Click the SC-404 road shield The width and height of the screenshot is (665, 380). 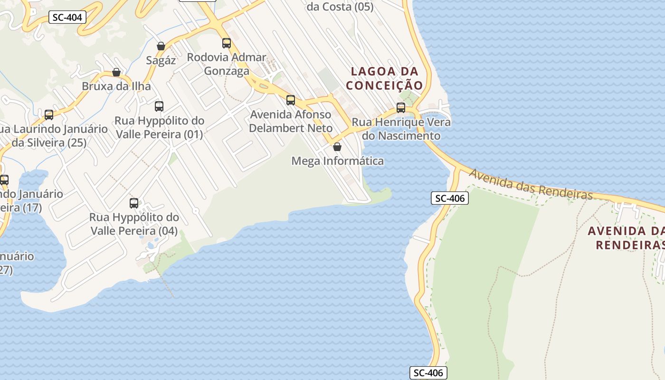(x=67, y=18)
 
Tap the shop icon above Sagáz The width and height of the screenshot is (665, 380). (x=161, y=46)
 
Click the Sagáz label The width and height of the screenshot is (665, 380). (x=161, y=60)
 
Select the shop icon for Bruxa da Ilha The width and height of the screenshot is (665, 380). (x=116, y=72)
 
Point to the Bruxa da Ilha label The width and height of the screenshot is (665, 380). (x=116, y=86)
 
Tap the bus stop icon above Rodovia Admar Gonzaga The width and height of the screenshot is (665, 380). (x=227, y=43)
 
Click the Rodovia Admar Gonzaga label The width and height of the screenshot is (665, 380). (x=227, y=64)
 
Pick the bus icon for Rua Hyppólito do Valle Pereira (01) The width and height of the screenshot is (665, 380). (x=159, y=106)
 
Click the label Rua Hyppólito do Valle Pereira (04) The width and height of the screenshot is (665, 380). (x=134, y=224)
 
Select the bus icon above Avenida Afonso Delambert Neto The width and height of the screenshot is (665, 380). (x=291, y=100)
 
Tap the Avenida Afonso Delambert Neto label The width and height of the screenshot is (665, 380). (x=291, y=122)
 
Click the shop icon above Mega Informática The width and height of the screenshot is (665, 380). (x=337, y=147)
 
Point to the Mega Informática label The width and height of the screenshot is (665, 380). (x=337, y=161)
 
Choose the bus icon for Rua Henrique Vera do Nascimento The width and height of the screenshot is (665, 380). (x=401, y=108)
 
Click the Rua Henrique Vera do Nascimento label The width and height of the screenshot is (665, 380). (x=401, y=129)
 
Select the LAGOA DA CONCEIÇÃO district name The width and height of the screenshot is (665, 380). (x=384, y=78)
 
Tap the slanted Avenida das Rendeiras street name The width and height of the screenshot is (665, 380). (x=531, y=184)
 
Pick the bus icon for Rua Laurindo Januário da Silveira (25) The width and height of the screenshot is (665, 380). (x=49, y=115)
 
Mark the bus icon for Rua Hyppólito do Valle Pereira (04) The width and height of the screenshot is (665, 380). (x=134, y=203)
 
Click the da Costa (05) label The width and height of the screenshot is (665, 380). (x=340, y=7)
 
